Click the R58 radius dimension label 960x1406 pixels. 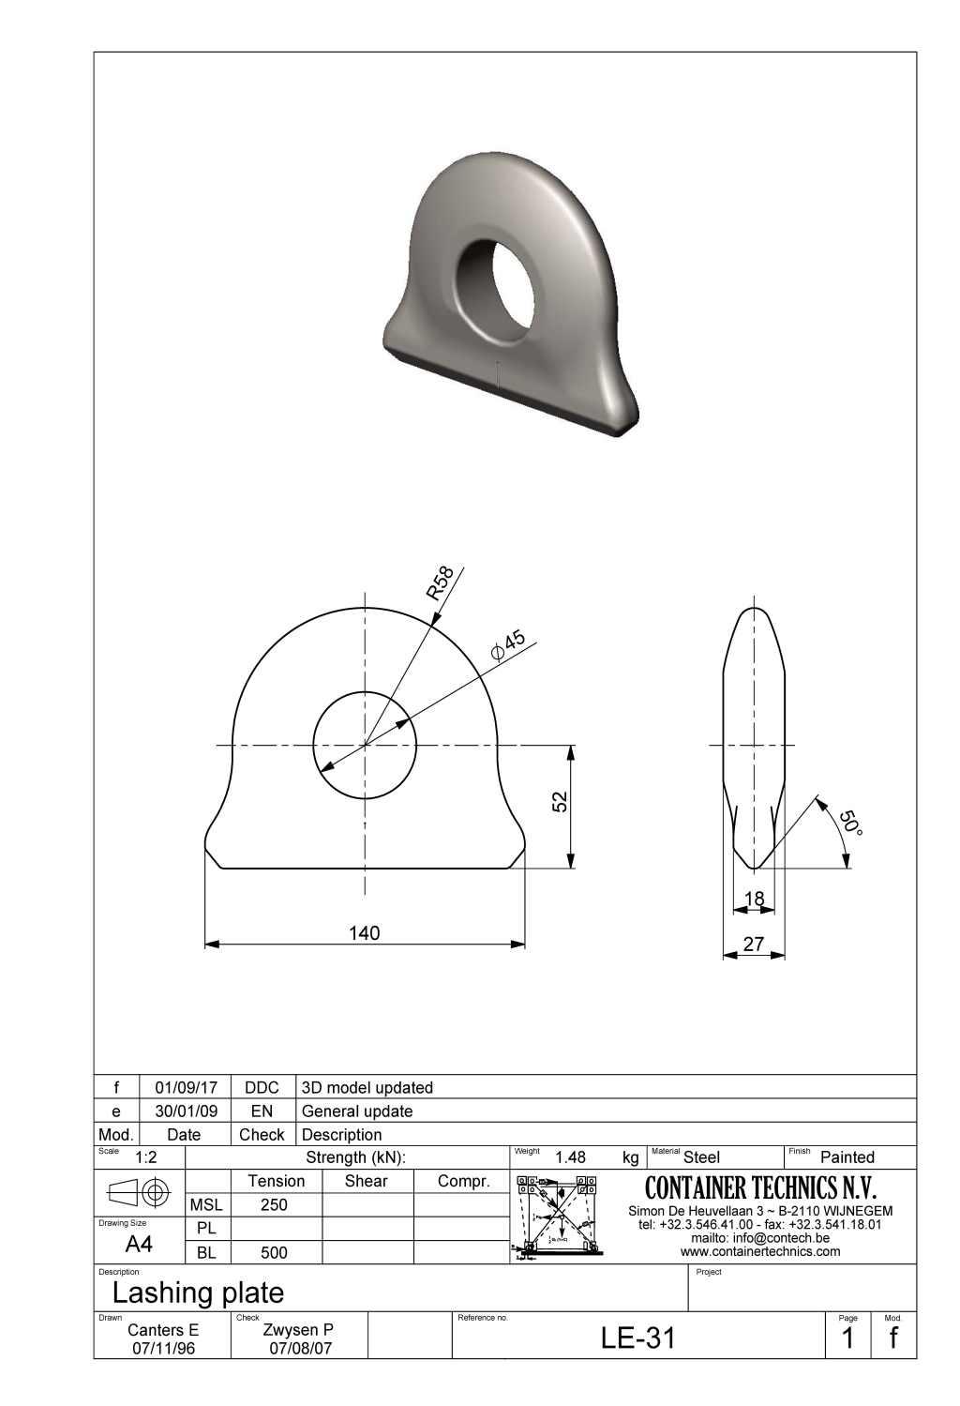[440, 582]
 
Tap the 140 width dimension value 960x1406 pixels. [364, 932]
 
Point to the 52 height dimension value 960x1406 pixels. [560, 801]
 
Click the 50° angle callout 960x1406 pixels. [849, 823]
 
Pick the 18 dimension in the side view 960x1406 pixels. [754, 899]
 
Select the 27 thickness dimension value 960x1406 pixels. [754, 944]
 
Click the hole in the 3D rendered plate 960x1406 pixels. [493, 286]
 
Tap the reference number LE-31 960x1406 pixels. [637, 1338]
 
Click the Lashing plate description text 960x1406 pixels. [198, 1293]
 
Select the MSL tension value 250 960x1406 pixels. [274, 1204]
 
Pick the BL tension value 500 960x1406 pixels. [274, 1252]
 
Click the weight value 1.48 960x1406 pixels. [570, 1157]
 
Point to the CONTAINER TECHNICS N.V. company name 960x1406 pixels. [760, 1187]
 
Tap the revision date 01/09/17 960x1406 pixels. [186, 1087]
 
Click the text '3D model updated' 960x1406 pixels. [367, 1087]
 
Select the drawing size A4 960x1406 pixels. [139, 1244]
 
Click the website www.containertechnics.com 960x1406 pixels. [760, 1251]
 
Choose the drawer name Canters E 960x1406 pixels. [163, 1329]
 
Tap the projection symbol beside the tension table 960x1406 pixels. [139, 1192]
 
